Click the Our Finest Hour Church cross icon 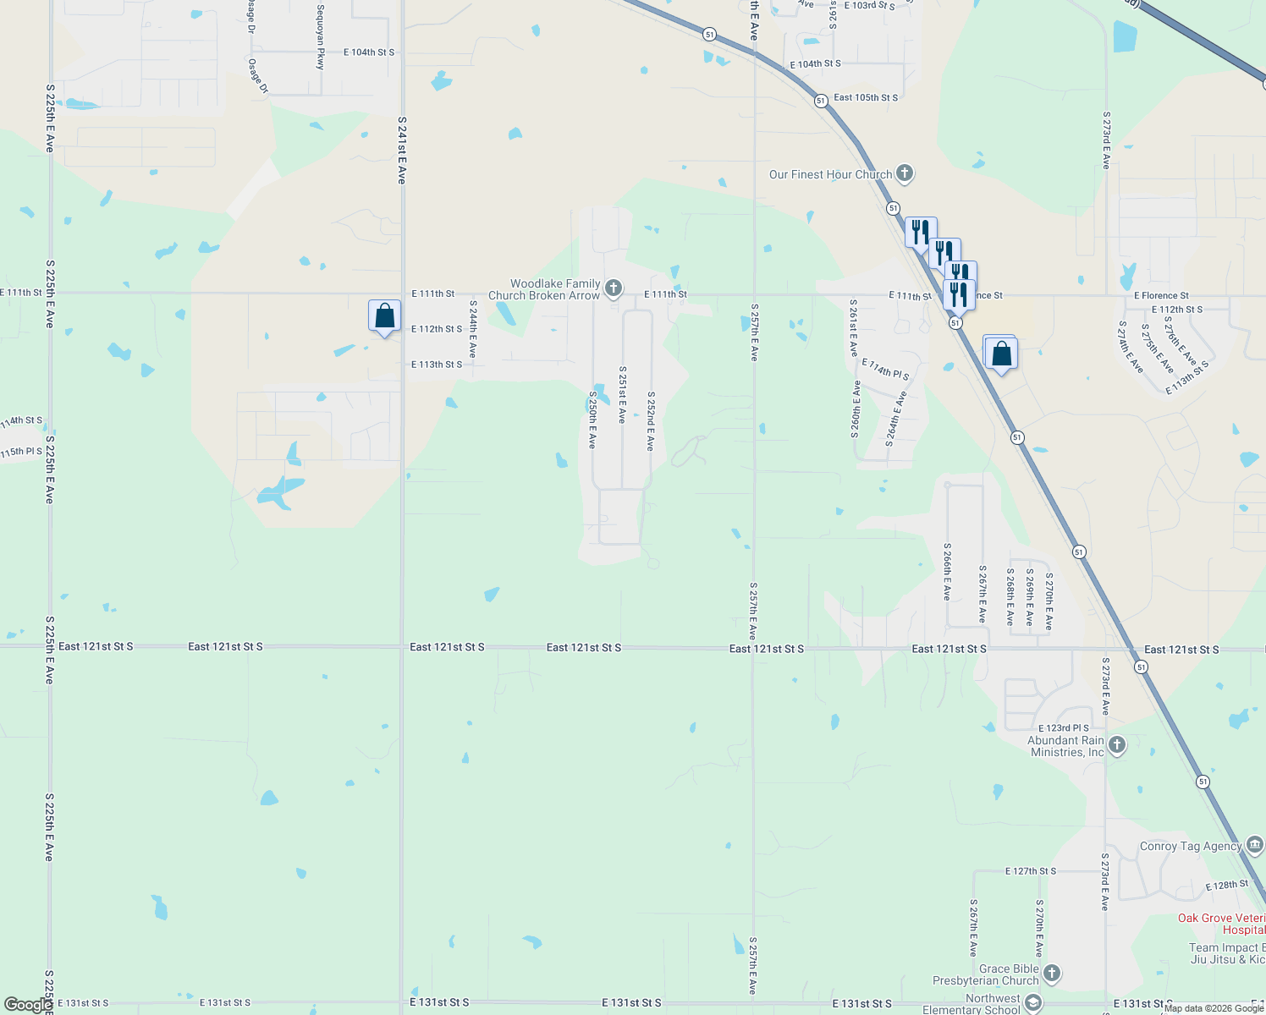[904, 173]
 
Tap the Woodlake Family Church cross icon [614, 288]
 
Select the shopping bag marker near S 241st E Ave [384, 316]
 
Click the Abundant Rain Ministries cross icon [1117, 745]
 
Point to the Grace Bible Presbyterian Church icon [1052, 974]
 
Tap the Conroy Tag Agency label [1190, 846]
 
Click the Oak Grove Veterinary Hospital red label [1221, 924]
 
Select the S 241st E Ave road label [402, 151]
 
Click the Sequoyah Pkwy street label [321, 37]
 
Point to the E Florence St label [1161, 295]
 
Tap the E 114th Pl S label [885, 369]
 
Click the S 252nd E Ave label [651, 420]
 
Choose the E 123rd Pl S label [1064, 727]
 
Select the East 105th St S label [865, 97]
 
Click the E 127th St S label [1031, 870]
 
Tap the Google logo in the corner [28, 1005]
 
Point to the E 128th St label [1226, 886]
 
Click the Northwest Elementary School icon [1032, 1003]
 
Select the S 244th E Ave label [473, 328]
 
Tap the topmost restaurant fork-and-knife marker [921, 232]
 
